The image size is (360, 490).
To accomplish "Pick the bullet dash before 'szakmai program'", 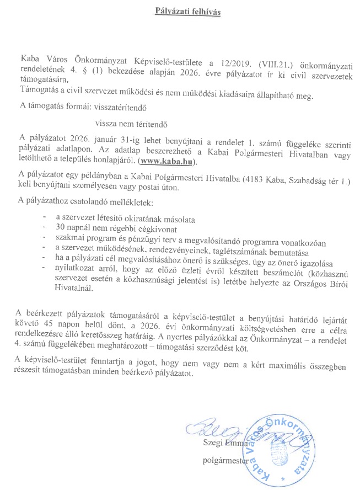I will [x=44, y=238].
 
